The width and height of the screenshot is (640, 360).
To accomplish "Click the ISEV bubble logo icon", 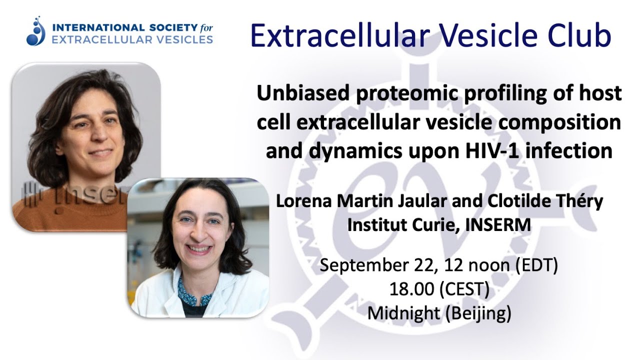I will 36,31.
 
